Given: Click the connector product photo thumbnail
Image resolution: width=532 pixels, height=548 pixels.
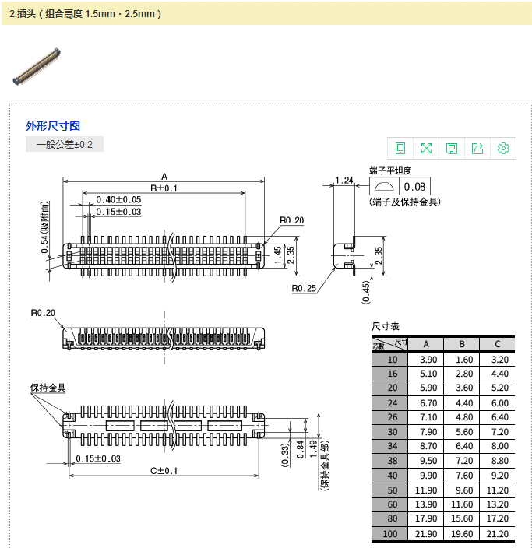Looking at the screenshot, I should tap(37, 67).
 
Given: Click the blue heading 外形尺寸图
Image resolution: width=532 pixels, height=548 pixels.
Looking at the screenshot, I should tap(53, 126).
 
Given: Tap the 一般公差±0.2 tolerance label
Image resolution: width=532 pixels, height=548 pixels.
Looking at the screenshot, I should tap(65, 145).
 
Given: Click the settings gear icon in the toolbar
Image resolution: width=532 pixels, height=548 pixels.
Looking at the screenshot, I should tap(503, 149).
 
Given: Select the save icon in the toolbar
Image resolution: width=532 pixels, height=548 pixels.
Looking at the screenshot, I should tap(452, 149).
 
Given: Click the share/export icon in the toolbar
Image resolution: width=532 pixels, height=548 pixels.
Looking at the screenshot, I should tap(477, 149).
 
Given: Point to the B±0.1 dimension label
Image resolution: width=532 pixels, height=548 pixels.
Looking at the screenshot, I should tap(164, 188).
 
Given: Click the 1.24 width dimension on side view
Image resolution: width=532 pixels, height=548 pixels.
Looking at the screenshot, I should tap(344, 181).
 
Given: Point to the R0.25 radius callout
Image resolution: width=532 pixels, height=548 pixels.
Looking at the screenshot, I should tap(304, 289).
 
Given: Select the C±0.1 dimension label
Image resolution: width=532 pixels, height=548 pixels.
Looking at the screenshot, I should tap(164, 471).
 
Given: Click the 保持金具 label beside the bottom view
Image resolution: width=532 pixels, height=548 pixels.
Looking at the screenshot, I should tap(48, 388).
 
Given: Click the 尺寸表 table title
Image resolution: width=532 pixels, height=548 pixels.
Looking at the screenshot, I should tap(385, 326).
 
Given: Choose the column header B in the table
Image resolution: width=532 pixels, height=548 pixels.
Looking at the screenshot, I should tap(462, 344).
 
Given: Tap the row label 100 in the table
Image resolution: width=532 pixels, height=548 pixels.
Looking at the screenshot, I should tap(390, 534).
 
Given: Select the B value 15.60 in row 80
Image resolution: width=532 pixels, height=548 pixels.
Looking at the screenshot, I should tap(462, 519).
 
